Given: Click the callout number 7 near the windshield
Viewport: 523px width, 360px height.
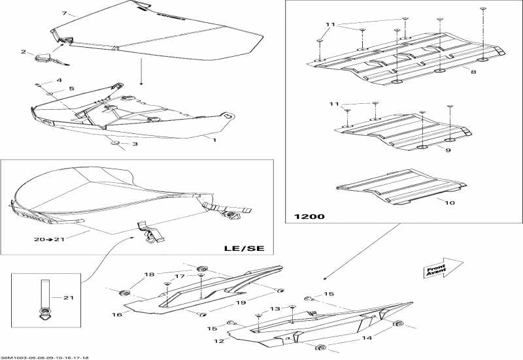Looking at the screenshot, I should pos(64,13).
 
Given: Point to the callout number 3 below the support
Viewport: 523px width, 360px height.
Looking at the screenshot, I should pos(135,144).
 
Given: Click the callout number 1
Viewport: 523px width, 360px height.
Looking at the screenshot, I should pos(214,139).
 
